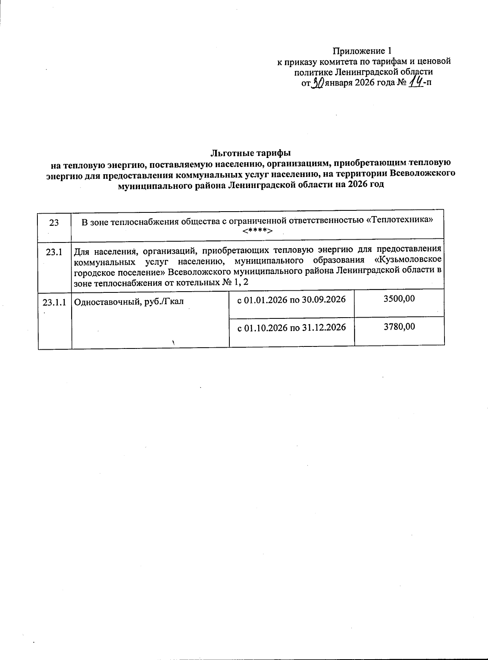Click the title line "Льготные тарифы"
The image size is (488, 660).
[x=251, y=153]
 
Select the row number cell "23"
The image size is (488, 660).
[x=54, y=223]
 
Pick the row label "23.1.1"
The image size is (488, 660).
[x=54, y=302]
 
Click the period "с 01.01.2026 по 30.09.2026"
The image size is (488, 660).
[x=291, y=300]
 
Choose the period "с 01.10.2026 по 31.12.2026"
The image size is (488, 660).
[x=291, y=327]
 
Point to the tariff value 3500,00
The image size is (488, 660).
[x=399, y=299]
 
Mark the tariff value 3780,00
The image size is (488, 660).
[x=399, y=327]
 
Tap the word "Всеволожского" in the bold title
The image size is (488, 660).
[x=422, y=174]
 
